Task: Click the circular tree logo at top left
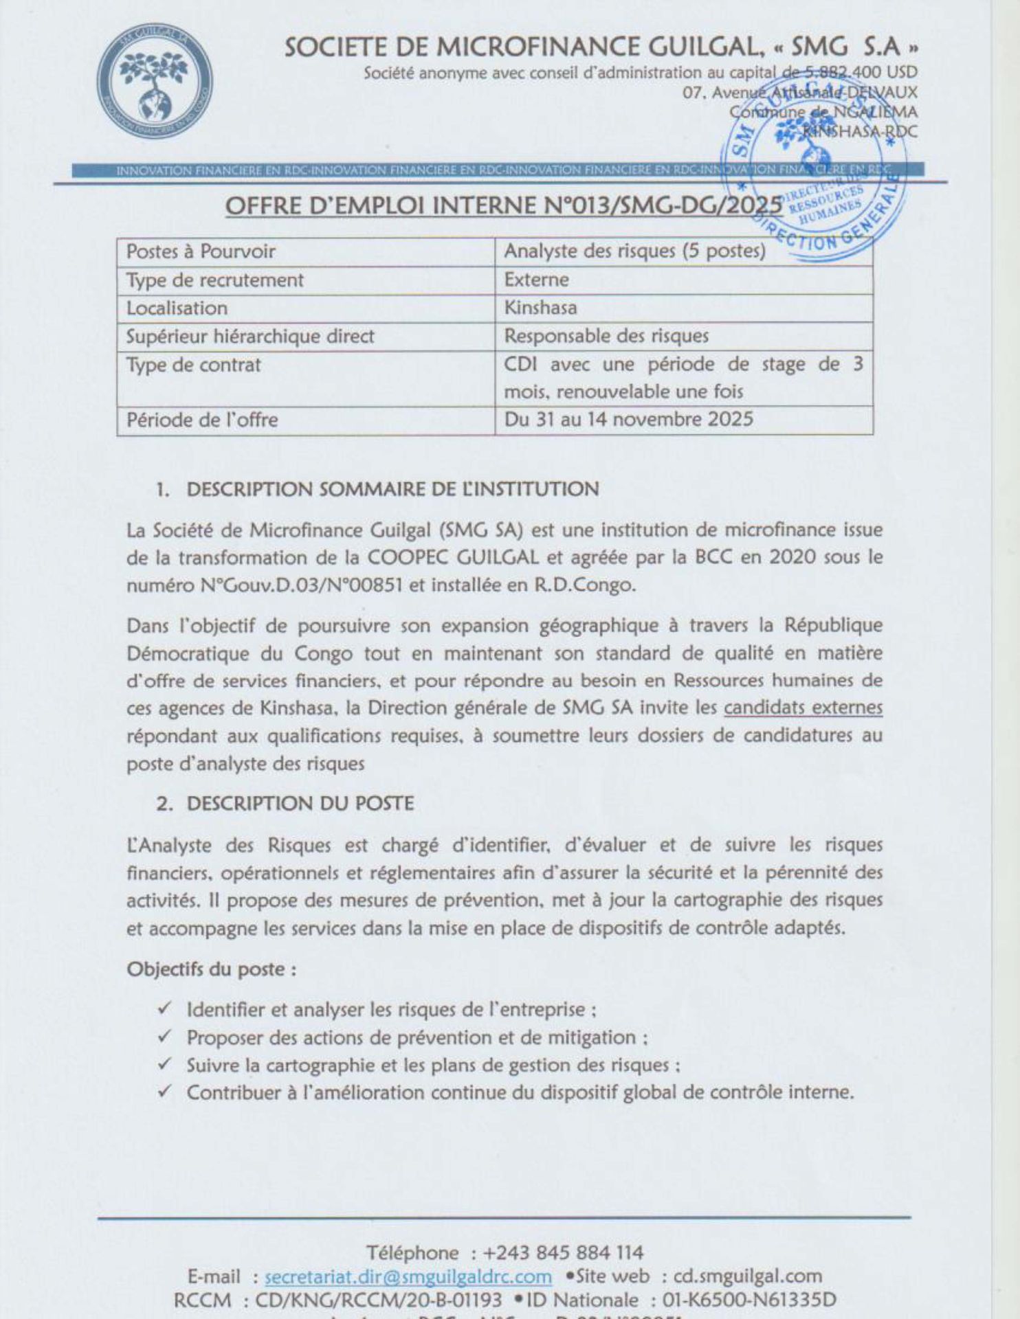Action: click(154, 82)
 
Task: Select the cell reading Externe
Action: click(537, 280)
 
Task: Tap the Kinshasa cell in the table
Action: click(541, 308)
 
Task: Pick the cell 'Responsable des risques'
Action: click(606, 336)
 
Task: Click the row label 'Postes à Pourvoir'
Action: click(201, 251)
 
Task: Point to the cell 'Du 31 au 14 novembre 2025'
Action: click(629, 419)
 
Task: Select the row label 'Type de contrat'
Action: click(194, 365)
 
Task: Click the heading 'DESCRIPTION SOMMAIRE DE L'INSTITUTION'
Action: click(392, 489)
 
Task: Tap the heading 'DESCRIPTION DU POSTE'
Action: click(300, 803)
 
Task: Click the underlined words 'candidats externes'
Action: click(803, 708)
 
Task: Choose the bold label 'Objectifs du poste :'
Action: click(212, 969)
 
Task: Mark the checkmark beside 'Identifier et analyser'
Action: click(164, 1008)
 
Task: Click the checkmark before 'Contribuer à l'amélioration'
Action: click(164, 1092)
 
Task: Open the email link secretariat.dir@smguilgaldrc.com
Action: click(408, 1276)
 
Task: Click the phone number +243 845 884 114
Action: click(564, 1252)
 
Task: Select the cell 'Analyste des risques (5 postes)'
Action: click(634, 251)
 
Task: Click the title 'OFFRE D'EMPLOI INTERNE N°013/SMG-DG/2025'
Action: click(504, 205)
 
